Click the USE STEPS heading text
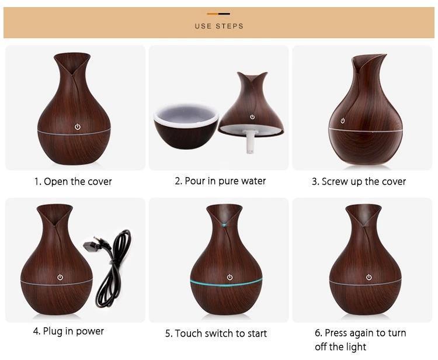[219, 26]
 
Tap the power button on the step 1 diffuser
[77, 125]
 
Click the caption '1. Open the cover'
[72, 181]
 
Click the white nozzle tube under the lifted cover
[250, 141]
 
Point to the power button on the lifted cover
[252, 116]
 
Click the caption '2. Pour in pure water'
[220, 181]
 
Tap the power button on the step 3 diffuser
[343, 120]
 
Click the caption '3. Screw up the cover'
[359, 181]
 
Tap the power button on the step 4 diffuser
[60, 277]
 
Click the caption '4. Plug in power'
[68, 331]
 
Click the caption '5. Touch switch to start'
[216, 333]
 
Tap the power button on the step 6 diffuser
[369, 277]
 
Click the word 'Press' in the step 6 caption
[337, 333]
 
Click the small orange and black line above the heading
[218, 13]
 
